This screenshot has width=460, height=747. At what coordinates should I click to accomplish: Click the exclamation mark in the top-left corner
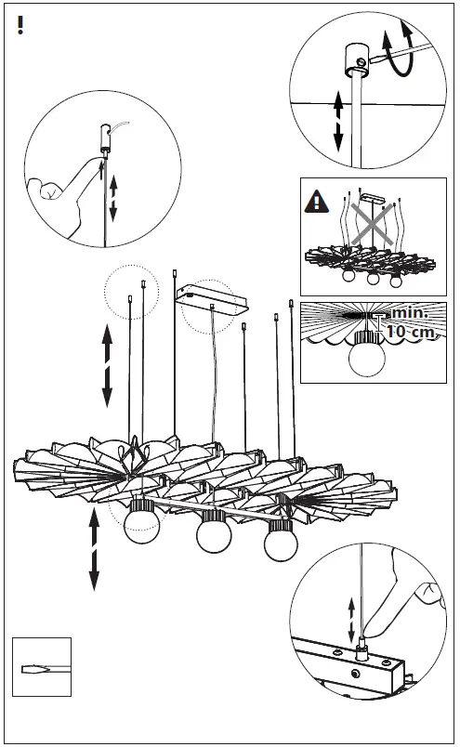click(x=20, y=25)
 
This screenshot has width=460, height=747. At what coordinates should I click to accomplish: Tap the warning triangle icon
click(x=316, y=202)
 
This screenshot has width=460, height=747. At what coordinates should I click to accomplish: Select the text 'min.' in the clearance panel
click(x=410, y=313)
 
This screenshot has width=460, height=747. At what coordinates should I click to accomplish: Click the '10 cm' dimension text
click(x=411, y=331)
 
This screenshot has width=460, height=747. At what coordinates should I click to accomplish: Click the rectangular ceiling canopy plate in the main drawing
click(x=212, y=299)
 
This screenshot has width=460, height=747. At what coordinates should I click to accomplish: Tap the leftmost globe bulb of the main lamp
click(x=141, y=525)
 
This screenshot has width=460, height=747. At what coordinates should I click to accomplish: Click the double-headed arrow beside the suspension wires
click(x=107, y=365)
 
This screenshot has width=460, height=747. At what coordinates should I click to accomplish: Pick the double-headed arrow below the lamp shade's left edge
click(x=94, y=549)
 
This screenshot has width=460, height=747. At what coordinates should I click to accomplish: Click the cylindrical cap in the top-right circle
click(x=357, y=59)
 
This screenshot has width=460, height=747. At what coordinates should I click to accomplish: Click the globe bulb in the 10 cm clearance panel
click(x=366, y=359)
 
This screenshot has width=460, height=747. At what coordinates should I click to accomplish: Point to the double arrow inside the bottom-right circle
click(x=352, y=620)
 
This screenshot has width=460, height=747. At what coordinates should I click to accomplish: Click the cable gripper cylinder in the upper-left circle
click(x=105, y=138)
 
